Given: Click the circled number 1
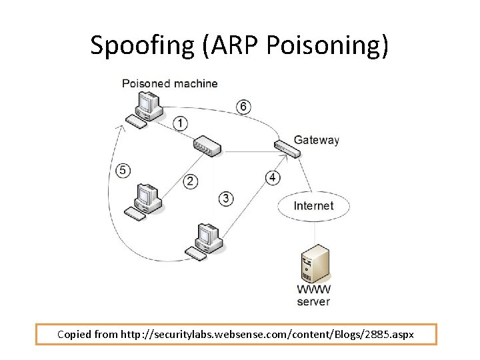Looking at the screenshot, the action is click(x=180, y=123).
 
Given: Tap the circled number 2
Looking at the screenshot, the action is click(x=191, y=181).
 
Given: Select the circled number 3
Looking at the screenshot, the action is click(x=227, y=198).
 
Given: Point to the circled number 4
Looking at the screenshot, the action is click(x=273, y=177).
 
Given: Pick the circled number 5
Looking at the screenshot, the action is click(x=123, y=170).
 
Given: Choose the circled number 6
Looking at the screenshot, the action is click(x=244, y=106).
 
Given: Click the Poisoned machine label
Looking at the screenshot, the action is click(x=169, y=83).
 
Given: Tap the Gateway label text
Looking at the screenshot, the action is click(x=317, y=140).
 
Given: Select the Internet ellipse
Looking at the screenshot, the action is click(x=313, y=205).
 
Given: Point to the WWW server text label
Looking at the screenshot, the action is click(x=313, y=295).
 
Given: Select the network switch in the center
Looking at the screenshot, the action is click(x=205, y=146).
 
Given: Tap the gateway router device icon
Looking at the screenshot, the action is click(x=287, y=147).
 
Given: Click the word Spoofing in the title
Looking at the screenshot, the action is click(x=141, y=45).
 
